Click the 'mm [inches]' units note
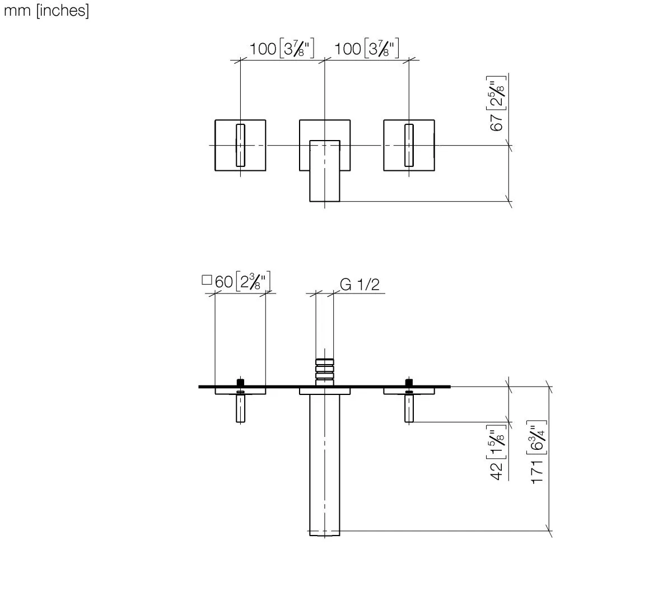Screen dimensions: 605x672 click(x=46, y=11)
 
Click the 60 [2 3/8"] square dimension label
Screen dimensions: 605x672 click(x=244, y=281)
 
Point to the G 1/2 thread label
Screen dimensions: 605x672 click(x=360, y=285)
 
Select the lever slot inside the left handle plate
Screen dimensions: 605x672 click(x=241, y=145)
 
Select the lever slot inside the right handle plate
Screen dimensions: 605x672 click(x=409, y=145)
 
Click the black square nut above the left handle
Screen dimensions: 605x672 click(x=241, y=383)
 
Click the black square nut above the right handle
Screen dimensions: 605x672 click(x=409, y=383)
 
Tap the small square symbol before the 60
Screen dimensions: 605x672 click(x=207, y=280)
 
